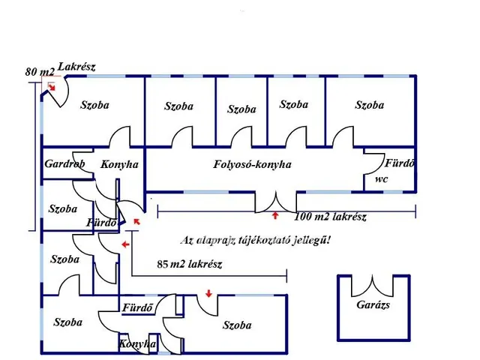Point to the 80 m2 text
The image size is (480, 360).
point(40,72)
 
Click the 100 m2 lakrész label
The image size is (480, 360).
point(331,217)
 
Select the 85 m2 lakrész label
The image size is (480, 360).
point(190,264)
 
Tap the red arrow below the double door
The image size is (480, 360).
point(275,216)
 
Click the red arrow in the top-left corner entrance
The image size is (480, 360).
point(51,88)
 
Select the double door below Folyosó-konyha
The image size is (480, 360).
point(275,202)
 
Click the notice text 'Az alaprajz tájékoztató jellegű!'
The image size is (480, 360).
point(256,241)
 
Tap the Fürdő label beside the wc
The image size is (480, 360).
point(399,163)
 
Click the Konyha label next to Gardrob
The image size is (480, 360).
point(120,164)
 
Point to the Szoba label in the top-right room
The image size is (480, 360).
point(370,105)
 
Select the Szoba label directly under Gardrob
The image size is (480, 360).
point(62,209)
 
